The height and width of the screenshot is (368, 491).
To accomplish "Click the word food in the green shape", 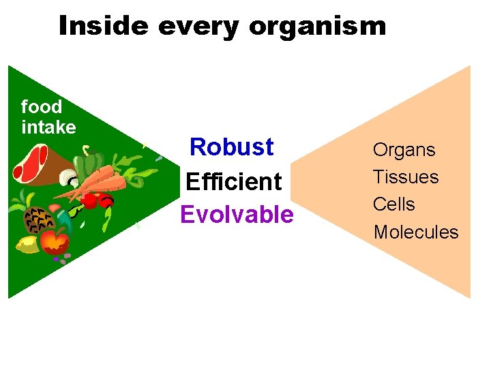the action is pos(42,107).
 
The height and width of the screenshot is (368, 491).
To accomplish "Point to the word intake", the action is pos(48,127).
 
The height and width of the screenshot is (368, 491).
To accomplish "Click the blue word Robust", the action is pos(232,147).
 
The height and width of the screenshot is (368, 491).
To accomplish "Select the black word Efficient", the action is pos(233,181).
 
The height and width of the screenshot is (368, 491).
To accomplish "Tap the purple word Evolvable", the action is pos(237,215).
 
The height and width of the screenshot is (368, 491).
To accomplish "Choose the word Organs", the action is pos(404,149).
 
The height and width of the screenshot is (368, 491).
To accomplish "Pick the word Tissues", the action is pos(405,177).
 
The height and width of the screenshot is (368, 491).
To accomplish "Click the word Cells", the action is pos(393,204).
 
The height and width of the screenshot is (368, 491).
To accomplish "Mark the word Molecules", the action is pos(416,232).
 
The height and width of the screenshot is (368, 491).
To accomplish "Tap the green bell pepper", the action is pos(86,166).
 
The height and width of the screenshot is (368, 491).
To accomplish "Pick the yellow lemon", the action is pos(28,244).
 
